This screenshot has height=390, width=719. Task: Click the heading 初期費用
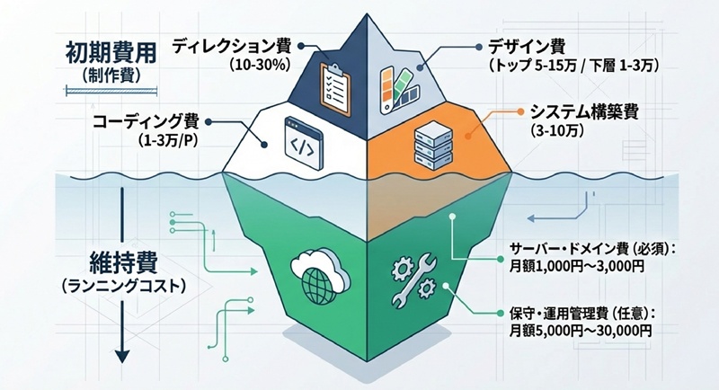point(111,53)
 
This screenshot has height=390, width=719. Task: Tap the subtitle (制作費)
point(111,75)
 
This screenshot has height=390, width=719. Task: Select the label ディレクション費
point(232,48)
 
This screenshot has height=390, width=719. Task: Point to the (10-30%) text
point(260,65)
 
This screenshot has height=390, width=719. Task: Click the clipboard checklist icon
point(335,89)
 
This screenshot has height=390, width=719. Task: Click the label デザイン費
point(526,48)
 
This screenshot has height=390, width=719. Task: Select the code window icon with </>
point(303,144)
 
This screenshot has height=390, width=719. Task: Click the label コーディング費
point(146,122)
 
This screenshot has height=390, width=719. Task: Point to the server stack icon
point(433,143)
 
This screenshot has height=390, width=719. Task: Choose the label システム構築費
point(584,112)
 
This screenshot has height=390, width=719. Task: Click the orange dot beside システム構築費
point(520,111)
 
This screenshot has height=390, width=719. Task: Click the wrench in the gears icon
point(413,279)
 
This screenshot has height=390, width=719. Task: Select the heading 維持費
point(123,263)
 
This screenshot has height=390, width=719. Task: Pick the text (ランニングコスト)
point(123,287)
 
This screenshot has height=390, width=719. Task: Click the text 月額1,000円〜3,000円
point(577,267)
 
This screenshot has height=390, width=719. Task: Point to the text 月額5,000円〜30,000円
point(580,331)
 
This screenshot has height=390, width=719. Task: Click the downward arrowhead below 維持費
point(122,356)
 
